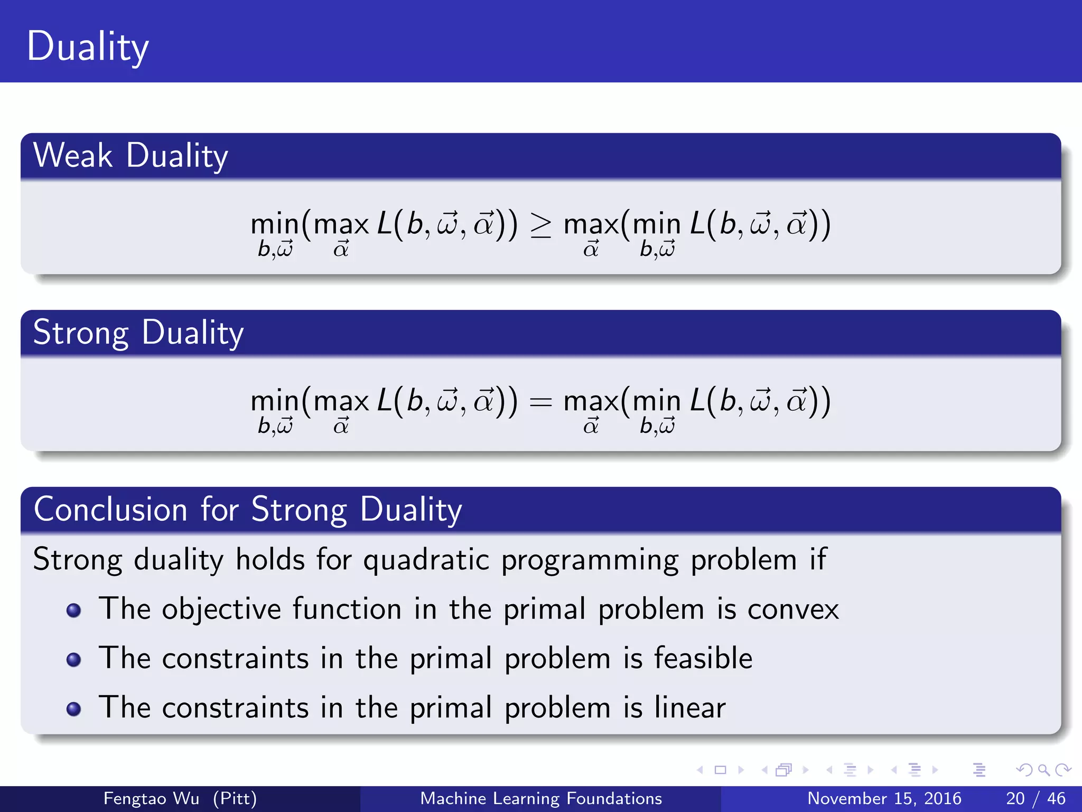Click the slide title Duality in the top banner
pos(87,47)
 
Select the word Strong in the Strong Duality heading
pos(80,333)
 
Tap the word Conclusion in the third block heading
pos(110,510)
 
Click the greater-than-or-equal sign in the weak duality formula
pos(540,225)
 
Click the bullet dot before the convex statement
pos(74,611)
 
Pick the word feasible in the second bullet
pos(703,658)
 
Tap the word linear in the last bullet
pos(690,707)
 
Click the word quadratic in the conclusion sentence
pos(426,560)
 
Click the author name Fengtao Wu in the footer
pos(151,798)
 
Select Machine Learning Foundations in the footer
pos(540,798)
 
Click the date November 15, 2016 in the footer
pos(884,798)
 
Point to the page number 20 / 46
pos(1035,798)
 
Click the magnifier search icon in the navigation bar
pos(1043,770)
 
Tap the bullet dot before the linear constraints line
pos(74,709)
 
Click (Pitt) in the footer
pos(235,798)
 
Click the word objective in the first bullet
pos(221,610)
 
